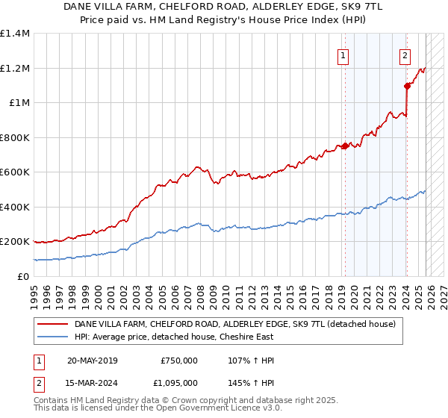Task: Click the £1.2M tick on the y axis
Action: tap(14, 68)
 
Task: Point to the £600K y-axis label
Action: tap(14, 172)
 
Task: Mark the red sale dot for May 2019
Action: tap(345, 146)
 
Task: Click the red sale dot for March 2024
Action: tap(407, 86)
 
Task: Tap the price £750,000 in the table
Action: tap(179, 361)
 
